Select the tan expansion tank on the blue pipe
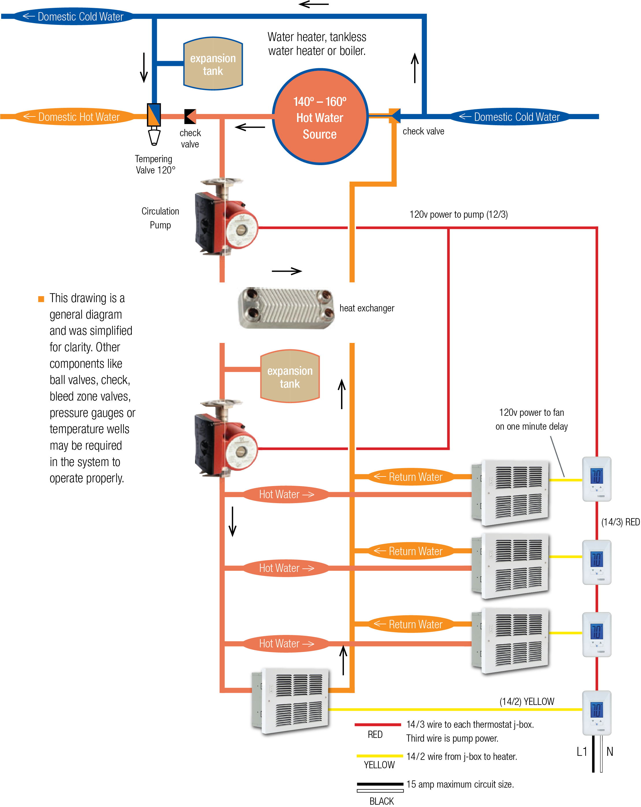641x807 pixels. tap(213, 64)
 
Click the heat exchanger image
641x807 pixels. tap(286, 308)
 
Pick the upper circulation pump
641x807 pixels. tap(225, 217)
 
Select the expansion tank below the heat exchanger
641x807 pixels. tap(290, 376)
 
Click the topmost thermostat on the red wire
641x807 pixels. tap(596, 479)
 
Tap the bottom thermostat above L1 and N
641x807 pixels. tap(596, 713)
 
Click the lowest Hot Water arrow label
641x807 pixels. tap(286, 643)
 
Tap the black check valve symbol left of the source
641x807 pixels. tap(190, 117)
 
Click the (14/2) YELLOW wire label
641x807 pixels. tap(527, 701)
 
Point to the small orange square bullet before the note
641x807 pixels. tap(41, 299)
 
